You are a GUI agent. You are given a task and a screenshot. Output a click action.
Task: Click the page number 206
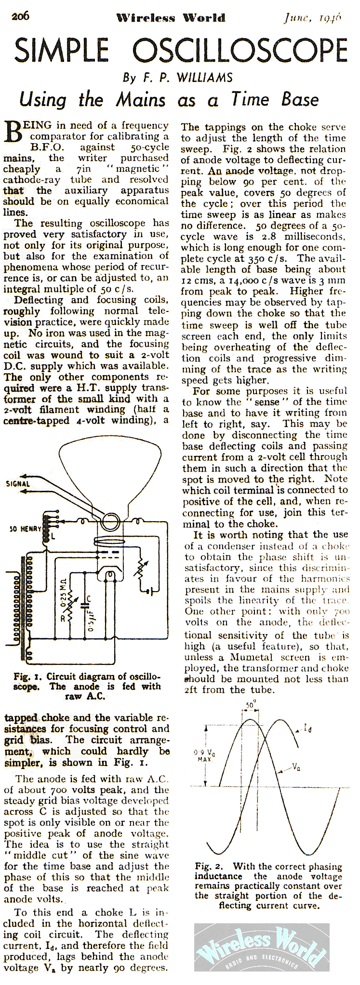point(21,16)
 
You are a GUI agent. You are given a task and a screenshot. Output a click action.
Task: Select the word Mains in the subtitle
point(140,100)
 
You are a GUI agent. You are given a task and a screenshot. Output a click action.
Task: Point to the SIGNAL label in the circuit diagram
point(18,484)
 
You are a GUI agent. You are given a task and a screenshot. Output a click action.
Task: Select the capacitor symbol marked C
point(85,601)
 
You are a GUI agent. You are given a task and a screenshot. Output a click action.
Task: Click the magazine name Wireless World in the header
point(171,18)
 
